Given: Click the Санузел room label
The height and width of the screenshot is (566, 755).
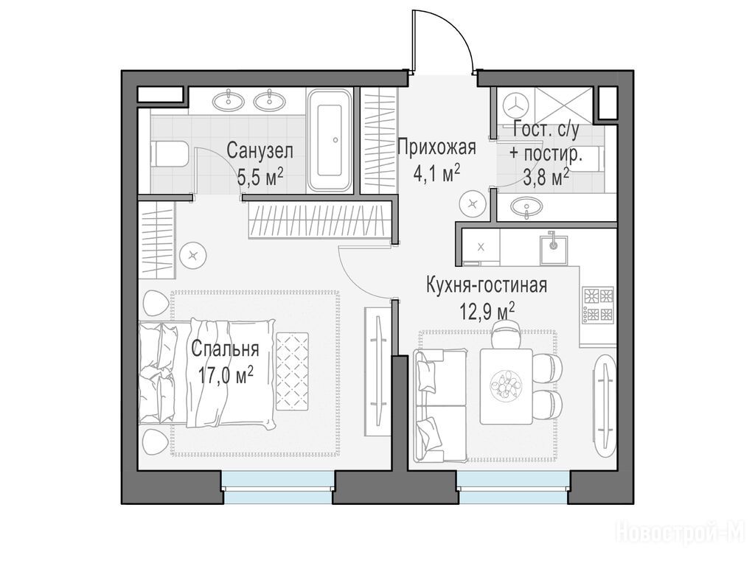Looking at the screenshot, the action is click(x=260, y=150).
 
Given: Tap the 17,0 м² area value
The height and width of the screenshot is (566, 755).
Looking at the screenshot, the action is click(x=226, y=375).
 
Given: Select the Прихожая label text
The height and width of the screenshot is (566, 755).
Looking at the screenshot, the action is click(x=436, y=147).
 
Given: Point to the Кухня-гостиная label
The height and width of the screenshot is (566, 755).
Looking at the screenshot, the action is click(x=487, y=285).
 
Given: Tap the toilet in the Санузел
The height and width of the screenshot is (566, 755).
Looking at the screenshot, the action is click(x=169, y=154).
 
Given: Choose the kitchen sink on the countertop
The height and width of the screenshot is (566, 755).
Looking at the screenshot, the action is click(x=553, y=248).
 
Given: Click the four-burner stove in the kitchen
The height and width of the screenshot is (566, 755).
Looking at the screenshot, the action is click(x=599, y=304).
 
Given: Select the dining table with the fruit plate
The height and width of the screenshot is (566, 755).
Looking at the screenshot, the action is click(x=506, y=386).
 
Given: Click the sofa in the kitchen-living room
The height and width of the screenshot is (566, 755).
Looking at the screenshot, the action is click(x=439, y=405).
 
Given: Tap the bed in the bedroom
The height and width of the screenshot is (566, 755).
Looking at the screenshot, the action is click(x=207, y=373).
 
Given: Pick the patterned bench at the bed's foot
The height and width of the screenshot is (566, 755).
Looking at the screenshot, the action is click(x=292, y=371).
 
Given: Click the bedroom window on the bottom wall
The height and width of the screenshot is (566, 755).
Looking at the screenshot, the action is click(x=278, y=488).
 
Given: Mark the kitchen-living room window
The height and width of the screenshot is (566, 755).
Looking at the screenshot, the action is click(x=513, y=488).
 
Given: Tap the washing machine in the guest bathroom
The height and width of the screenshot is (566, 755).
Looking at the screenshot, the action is click(x=515, y=105).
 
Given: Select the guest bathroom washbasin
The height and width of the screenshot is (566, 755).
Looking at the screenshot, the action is click(x=526, y=208).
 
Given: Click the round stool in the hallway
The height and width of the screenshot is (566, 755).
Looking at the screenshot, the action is click(x=473, y=204).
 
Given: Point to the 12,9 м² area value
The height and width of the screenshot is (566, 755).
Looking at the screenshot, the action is click(x=488, y=312).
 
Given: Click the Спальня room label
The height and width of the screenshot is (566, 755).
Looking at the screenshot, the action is click(x=225, y=349).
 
